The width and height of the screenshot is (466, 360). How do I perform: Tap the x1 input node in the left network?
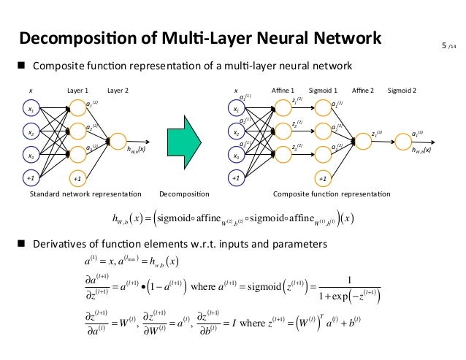point(31,110)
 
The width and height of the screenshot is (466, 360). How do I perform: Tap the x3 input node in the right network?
point(236,156)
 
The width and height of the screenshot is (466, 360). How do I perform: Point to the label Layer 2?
point(118,91)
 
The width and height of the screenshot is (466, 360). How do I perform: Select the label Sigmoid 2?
point(402,91)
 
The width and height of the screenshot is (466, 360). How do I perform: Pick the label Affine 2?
point(362,91)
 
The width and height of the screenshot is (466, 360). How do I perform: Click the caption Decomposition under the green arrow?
point(183,195)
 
